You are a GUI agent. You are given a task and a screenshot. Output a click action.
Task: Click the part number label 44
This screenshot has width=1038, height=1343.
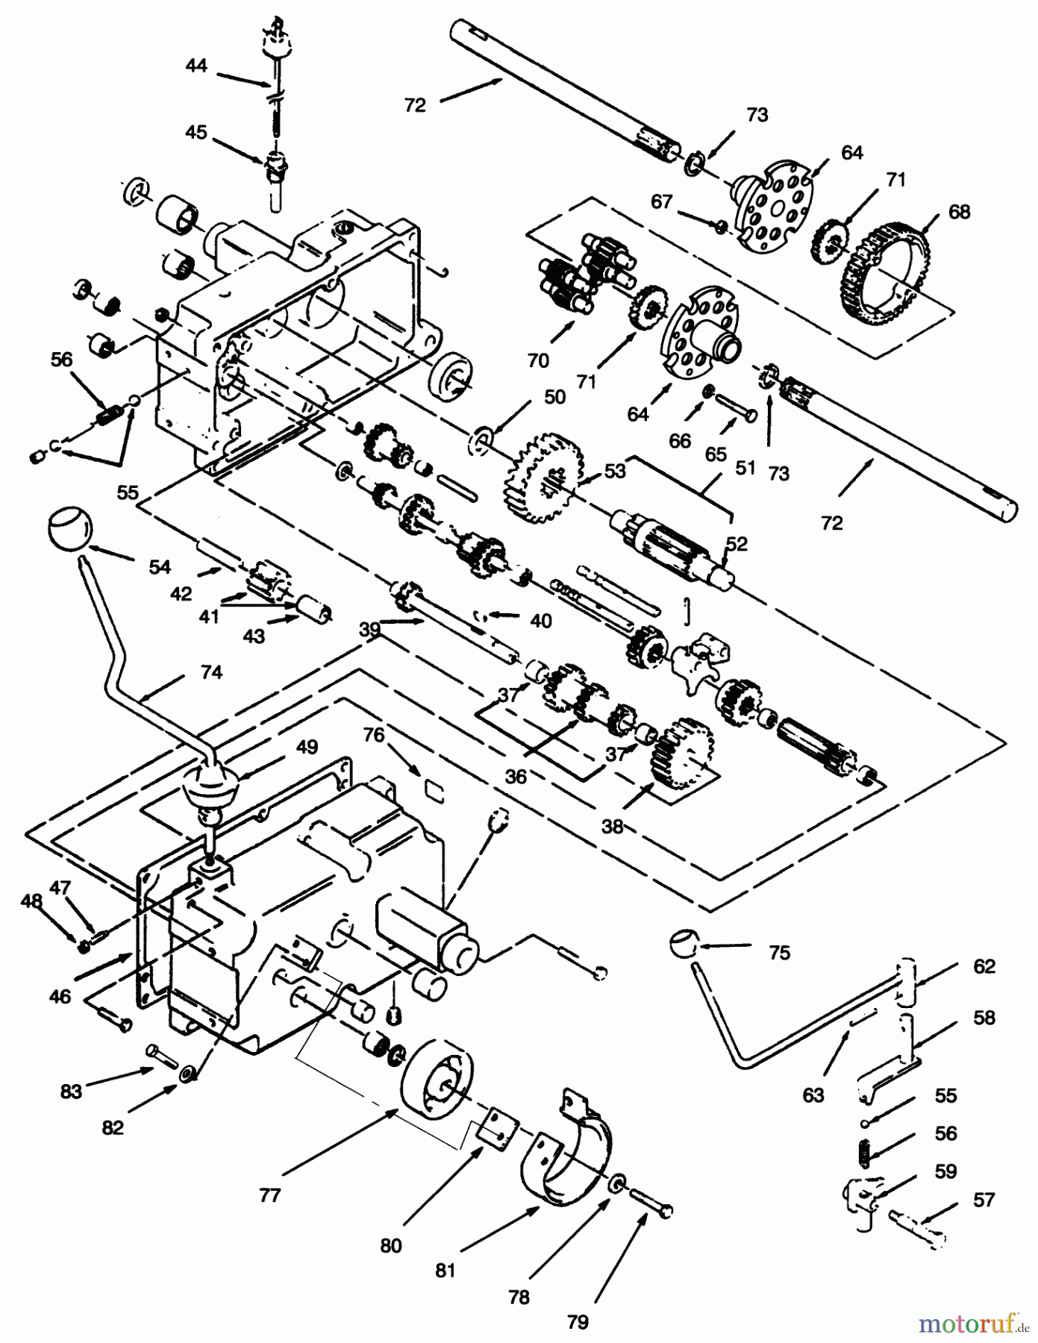196,66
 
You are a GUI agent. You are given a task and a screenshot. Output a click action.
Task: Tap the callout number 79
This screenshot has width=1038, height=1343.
577,1322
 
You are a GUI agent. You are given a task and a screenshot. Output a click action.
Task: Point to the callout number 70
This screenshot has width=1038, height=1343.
537,360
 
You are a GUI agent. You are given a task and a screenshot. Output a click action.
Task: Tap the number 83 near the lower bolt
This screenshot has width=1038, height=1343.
72,1092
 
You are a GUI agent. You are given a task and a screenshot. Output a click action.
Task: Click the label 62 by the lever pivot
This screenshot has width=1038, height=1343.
984,966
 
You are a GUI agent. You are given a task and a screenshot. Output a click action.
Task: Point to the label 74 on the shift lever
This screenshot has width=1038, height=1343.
211,672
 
